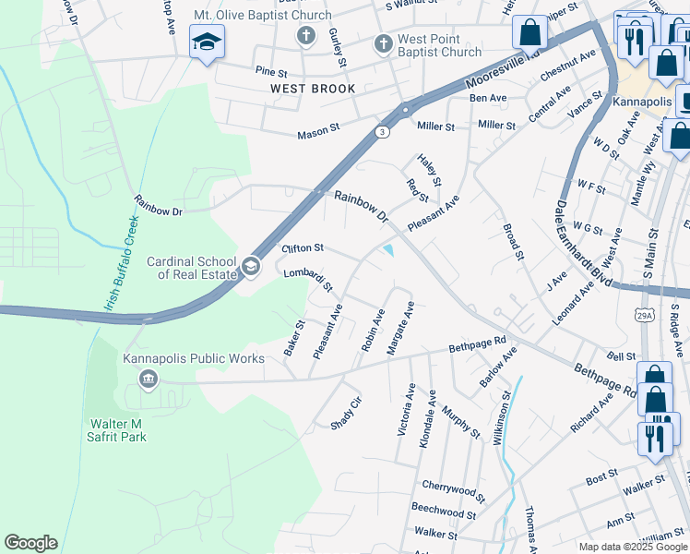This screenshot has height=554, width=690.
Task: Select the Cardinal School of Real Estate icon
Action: click(249, 268)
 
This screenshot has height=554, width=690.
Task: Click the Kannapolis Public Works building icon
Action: click(148, 379)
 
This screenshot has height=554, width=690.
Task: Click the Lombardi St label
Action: click(307, 279)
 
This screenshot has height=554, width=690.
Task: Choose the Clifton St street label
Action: click(303, 248)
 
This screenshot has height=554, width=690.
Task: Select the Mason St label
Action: click(318, 134)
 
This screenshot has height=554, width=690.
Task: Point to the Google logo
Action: click(30, 543)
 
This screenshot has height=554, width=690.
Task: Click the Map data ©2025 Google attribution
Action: click(633, 547)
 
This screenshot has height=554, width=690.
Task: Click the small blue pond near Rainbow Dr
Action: click(389, 250)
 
